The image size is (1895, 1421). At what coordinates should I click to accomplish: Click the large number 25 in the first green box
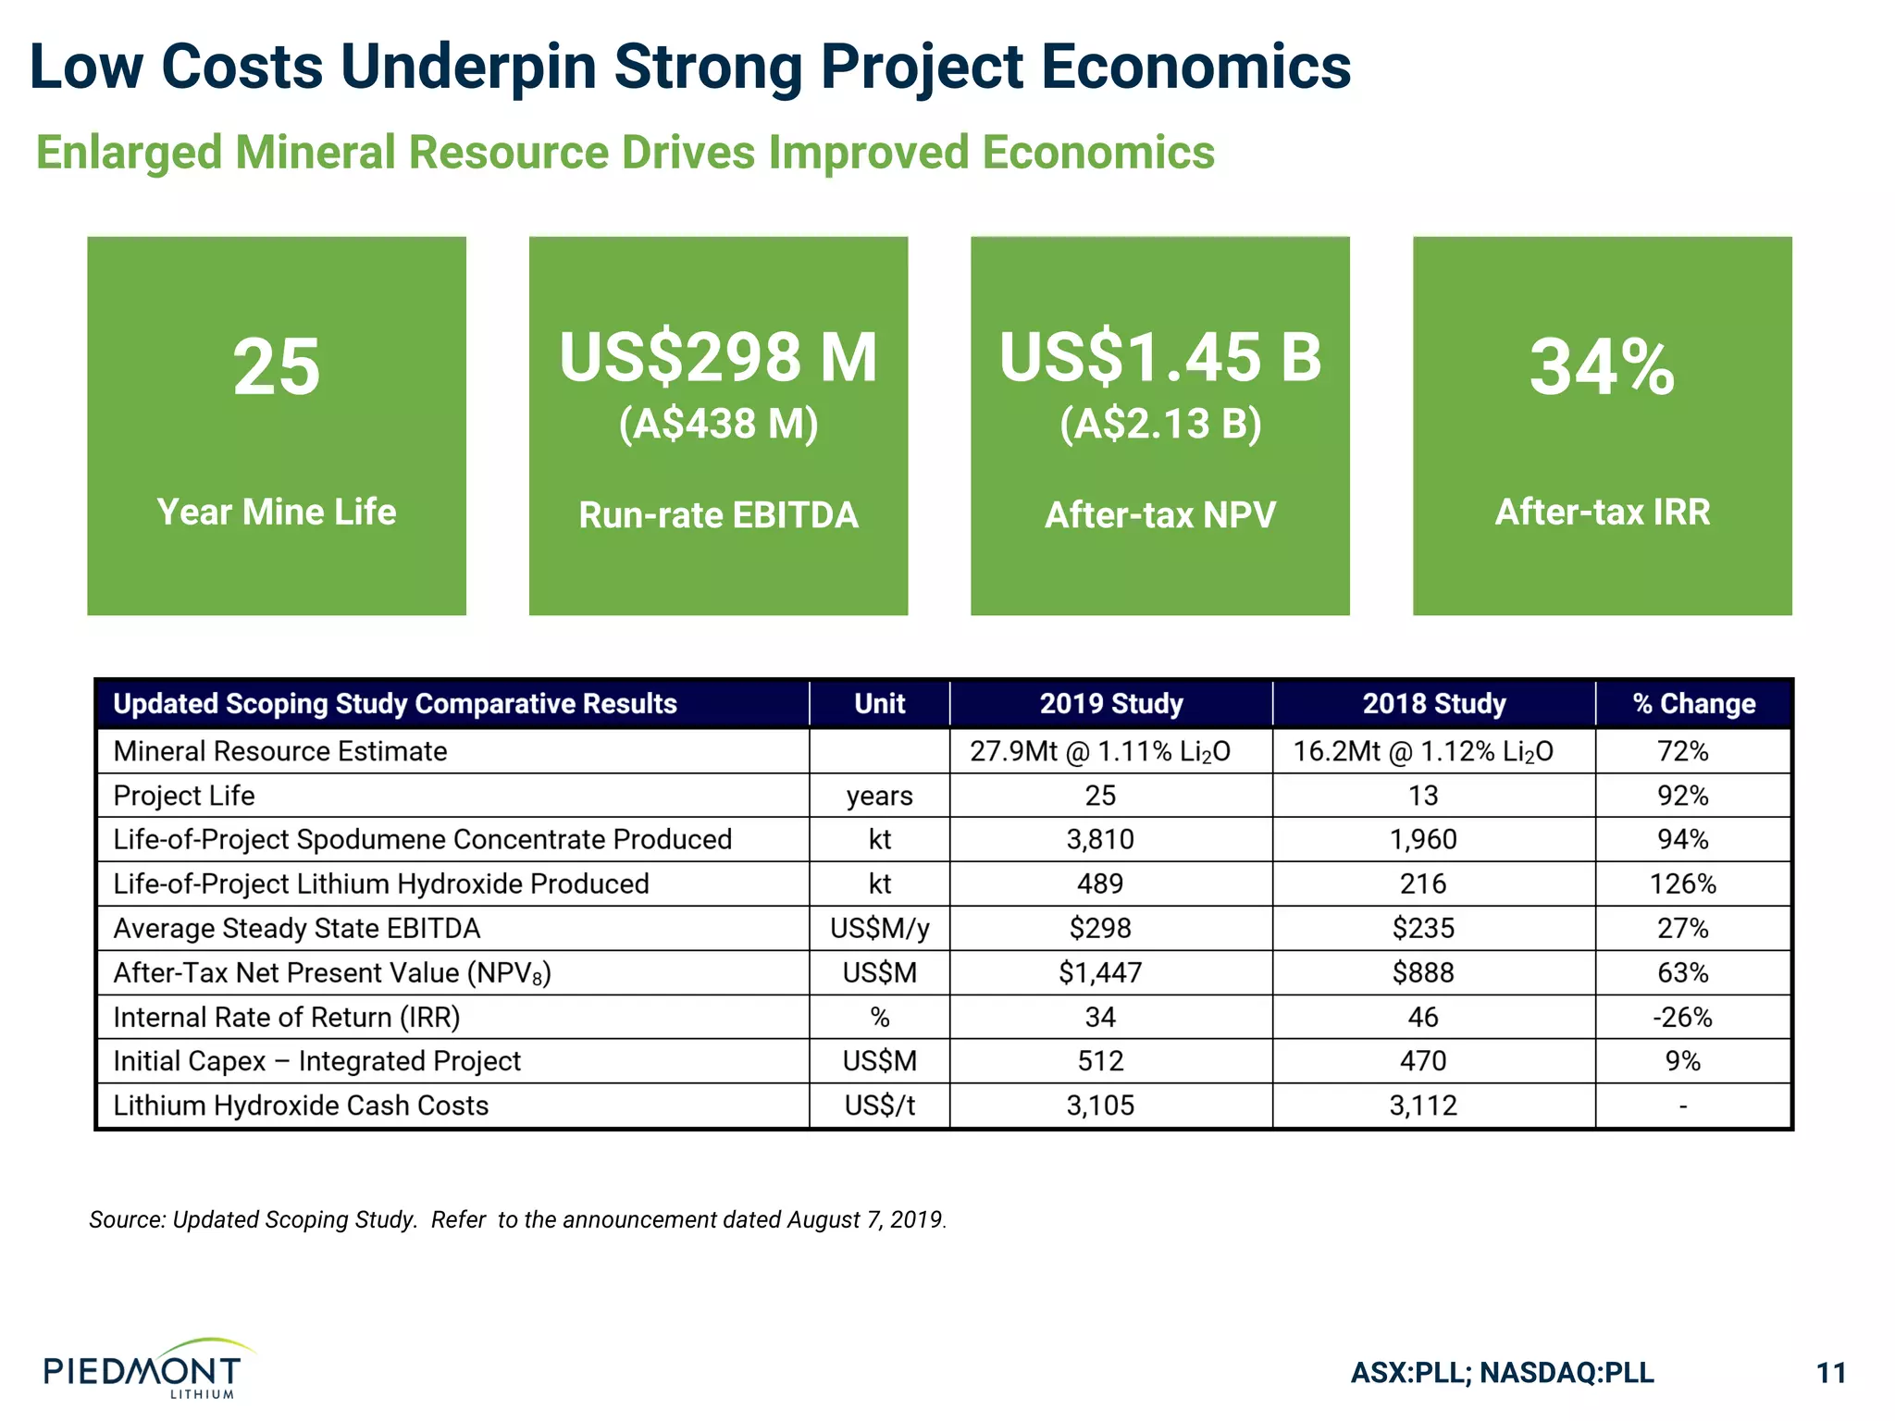(x=276, y=368)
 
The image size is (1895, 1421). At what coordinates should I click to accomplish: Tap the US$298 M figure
(x=718, y=359)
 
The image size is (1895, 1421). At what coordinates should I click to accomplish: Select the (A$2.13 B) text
(x=1159, y=424)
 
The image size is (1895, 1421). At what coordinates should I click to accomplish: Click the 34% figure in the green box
(x=1602, y=368)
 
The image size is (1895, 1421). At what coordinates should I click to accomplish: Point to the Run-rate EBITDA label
(x=718, y=515)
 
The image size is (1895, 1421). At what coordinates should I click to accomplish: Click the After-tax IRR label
(x=1602, y=512)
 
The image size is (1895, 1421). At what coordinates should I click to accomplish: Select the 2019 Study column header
(x=1110, y=704)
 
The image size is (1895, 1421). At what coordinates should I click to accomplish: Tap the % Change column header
(x=1693, y=704)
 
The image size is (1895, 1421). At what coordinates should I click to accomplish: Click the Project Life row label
(x=184, y=796)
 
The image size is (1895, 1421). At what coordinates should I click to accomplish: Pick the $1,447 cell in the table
(x=1100, y=972)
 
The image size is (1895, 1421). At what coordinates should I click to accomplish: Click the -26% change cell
(x=1682, y=1017)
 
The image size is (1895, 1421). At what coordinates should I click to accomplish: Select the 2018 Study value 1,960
(x=1422, y=839)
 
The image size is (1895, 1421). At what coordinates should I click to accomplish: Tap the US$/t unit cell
(x=879, y=1106)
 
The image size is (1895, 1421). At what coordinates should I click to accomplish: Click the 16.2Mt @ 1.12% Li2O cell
(x=1422, y=751)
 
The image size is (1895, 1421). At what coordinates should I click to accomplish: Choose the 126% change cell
(x=1682, y=883)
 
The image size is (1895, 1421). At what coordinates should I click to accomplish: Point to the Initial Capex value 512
(x=1100, y=1061)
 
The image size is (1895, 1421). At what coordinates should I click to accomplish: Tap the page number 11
(x=1831, y=1372)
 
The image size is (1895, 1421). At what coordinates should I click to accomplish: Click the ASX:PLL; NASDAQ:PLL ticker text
(x=1502, y=1372)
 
